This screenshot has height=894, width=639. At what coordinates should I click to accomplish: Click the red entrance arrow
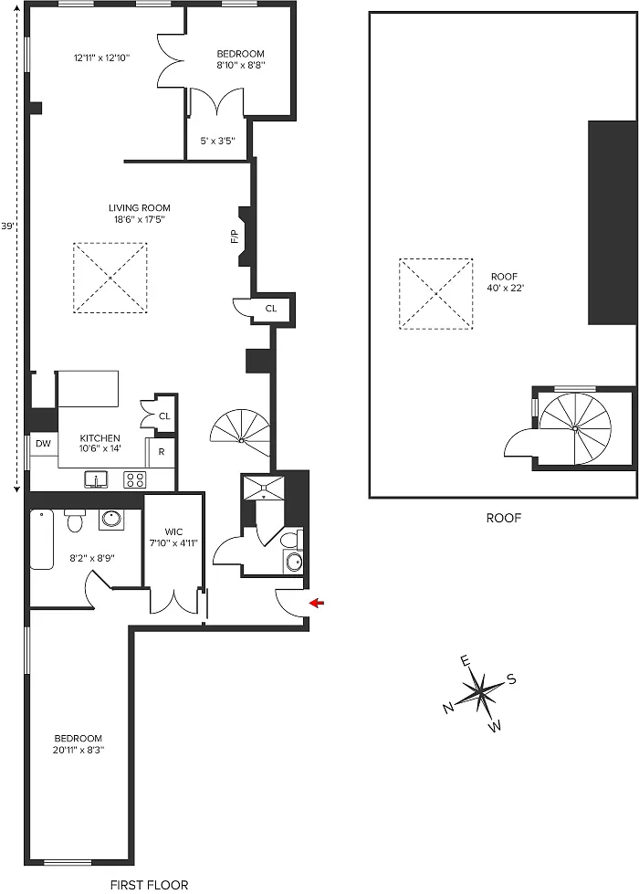(x=317, y=603)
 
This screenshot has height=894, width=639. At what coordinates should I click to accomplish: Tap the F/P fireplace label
(x=234, y=237)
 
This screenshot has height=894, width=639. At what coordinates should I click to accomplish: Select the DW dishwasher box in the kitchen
(x=43, y=444)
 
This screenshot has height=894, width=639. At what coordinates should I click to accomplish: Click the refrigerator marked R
(x=162, y=452)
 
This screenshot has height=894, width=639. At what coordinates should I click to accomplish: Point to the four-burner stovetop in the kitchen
(x=135, y=479)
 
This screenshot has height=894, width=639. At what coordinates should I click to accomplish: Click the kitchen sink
(x=97, y=479)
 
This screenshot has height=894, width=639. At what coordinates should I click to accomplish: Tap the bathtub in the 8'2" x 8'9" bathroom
(x=42, y=540)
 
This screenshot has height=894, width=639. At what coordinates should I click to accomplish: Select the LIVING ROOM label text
(x=140, y=208)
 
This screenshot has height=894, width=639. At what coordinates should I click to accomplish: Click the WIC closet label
(x=173, y=532)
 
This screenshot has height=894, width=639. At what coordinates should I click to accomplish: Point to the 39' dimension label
(x=7, y=226)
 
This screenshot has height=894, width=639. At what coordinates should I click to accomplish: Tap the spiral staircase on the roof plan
(x=575, y=428)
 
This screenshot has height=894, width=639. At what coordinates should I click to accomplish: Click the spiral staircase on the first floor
(x=241, y=434)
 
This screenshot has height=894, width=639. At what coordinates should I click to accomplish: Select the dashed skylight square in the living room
(x=110, y=279)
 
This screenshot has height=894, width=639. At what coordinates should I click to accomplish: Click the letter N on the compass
(x=448, y=708)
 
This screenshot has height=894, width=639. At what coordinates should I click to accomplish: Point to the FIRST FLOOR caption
(x=150, y=885)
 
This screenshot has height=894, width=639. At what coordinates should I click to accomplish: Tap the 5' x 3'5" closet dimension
(x=218, y=141)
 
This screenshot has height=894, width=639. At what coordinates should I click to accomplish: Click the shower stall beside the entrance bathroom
(x=263, y=488)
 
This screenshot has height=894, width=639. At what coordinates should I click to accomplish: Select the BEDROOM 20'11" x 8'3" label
(x=79, y=744)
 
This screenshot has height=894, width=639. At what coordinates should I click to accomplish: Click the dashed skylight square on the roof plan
(x=436, y=294)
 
